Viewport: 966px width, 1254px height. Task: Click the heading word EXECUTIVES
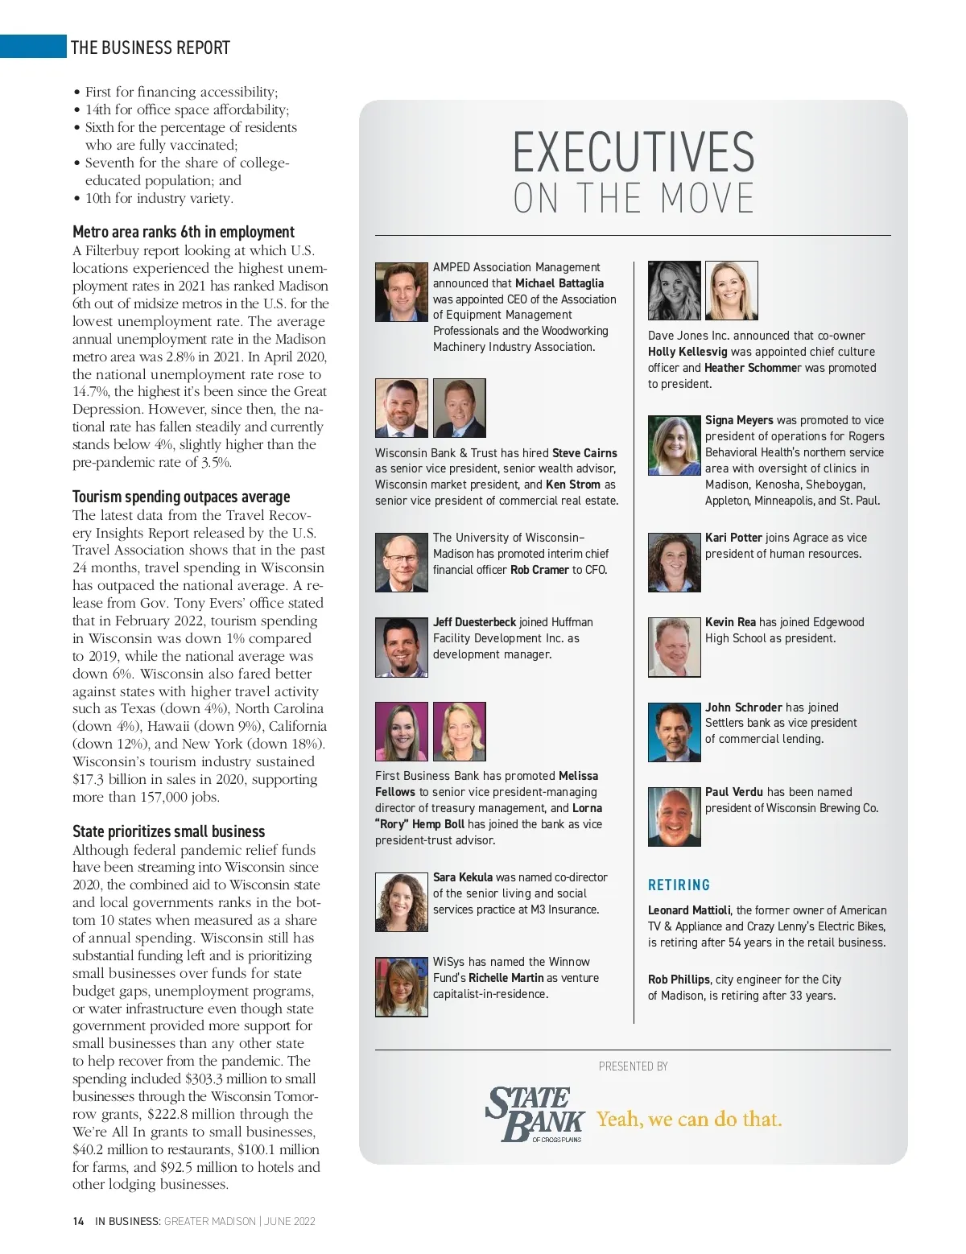pos(634,152)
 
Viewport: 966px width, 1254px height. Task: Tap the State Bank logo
pos(535,1114)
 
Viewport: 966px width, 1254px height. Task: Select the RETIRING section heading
pos(679,885)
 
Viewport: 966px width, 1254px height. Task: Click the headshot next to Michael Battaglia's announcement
pos(401,291)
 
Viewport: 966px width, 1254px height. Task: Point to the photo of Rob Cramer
pos(401,562)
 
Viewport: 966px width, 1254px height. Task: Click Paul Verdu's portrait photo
pos(674,816)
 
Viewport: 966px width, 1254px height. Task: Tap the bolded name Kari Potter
pos(733,538)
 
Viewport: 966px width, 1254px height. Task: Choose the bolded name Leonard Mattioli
pos(690,910)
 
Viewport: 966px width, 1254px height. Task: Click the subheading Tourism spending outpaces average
pos(181,497)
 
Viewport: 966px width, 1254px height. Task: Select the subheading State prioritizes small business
pos(168,831)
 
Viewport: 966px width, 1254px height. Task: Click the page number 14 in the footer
pos(78,1221)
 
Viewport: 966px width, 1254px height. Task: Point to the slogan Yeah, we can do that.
pos(689,1119)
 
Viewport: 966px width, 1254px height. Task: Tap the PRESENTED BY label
pos(633,1066)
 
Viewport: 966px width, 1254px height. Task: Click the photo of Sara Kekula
pos(401,902)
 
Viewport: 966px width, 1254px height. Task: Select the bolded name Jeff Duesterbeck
pos(474,622)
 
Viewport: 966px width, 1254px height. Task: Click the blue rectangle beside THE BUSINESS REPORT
pos(33,46)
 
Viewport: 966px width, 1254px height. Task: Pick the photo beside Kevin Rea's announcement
pos(674,647)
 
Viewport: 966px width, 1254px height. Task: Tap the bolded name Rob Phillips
pos(679,980)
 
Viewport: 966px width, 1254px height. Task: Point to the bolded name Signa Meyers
pos(739,420)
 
